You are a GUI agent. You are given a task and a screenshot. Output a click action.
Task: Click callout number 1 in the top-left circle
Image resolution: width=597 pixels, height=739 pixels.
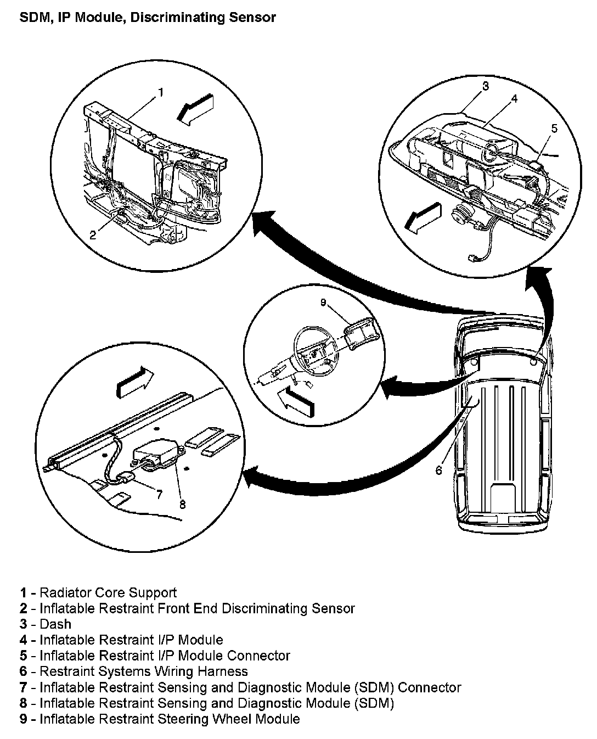(x=160, y=92)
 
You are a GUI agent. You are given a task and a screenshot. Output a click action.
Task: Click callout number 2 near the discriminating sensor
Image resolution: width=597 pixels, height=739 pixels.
(x=93, y=234)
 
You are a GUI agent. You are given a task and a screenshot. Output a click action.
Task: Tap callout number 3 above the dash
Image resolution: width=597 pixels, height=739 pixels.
(x=485, y=86)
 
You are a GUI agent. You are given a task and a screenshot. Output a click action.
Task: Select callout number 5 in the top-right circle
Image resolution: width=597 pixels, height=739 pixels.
(x=554, y=128)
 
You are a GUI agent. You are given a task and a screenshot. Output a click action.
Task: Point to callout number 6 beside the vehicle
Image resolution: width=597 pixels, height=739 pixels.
(x=438, y=470)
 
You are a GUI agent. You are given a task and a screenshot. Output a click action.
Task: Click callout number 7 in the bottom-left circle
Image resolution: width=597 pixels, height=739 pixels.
(x=159, y=494)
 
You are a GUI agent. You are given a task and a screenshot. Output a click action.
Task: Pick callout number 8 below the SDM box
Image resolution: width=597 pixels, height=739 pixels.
(x=182, y=503)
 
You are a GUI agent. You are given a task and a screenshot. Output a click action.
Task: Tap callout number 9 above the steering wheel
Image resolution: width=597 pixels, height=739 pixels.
(x=323, y=303)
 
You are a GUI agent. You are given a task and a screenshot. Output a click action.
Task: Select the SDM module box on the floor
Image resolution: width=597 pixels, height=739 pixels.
(x=156, y=454)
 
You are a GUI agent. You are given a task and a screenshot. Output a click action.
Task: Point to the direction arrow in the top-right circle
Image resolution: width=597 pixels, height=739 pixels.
(x=422, y=219)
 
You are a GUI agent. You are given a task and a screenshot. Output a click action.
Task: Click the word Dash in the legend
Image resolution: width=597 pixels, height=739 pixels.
(x=55, y=624)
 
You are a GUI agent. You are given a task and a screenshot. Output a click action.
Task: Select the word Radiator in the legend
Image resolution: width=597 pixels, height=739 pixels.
(x=66, y=593)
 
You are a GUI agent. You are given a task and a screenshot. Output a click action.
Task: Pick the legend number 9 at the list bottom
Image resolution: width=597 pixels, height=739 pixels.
(x=24, y=719)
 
